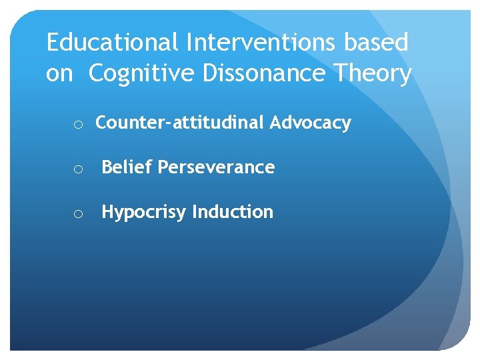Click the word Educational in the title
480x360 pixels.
[x=111, y=43]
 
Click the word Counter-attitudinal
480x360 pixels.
[x=181, y=123]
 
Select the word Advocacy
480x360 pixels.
[x=311, y=123]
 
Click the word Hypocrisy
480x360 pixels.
[x=144, y=212]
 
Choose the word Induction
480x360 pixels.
[x=233, y=212]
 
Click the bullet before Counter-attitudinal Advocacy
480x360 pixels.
[x=78, y=124]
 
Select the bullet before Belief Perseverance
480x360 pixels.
[x=78, y=169]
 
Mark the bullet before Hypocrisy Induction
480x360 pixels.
[x=78, y=213]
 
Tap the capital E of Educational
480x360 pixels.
[x=53, y=43]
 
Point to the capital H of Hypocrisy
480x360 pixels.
[x=107, y=211]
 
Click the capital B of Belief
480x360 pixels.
[x=106, y=167]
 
